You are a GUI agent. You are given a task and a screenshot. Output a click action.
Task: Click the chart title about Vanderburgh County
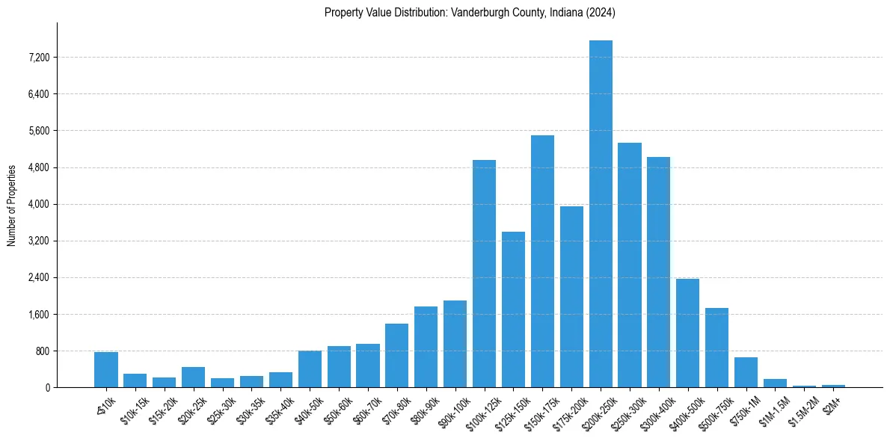tap(470, 13)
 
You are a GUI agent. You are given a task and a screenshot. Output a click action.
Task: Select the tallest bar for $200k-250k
tap(601, 214)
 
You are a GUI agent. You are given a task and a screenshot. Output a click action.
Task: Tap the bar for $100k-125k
tap(484, 274)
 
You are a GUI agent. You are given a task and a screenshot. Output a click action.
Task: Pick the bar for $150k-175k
tap(542, 262)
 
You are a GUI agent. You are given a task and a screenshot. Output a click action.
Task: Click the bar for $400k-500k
tap(687, 333)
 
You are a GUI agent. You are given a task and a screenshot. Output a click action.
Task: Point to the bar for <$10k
tap(106, 370)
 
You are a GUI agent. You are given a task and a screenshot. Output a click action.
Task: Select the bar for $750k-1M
tap(746, 372)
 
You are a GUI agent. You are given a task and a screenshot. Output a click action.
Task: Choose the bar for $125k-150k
tap(513, 309)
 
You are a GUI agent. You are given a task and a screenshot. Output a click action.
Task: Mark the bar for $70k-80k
tap(396, 356)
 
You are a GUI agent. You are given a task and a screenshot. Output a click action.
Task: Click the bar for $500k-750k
tap(716, 348)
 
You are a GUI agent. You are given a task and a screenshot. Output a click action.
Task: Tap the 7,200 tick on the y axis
tap(37, 58)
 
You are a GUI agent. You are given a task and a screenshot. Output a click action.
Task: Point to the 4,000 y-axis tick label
tap(37, 204)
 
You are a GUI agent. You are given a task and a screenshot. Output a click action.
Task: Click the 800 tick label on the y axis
tap(40, 351)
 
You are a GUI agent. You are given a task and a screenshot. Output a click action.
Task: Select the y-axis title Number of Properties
tap(12, 205)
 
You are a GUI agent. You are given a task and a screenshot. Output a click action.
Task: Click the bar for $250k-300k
tap(630, 265)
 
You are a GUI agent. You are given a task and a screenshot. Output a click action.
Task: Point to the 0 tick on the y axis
tap(46, 388)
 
